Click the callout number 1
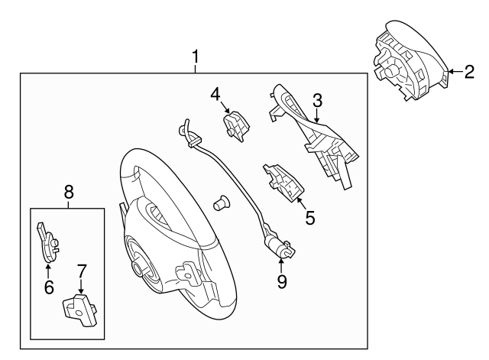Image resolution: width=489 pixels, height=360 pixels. click(196, 57)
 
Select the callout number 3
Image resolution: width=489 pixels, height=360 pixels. click(317, 100)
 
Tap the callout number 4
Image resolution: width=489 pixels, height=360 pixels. click(216, 94)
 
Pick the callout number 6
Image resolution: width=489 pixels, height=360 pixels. click(47, 287)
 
